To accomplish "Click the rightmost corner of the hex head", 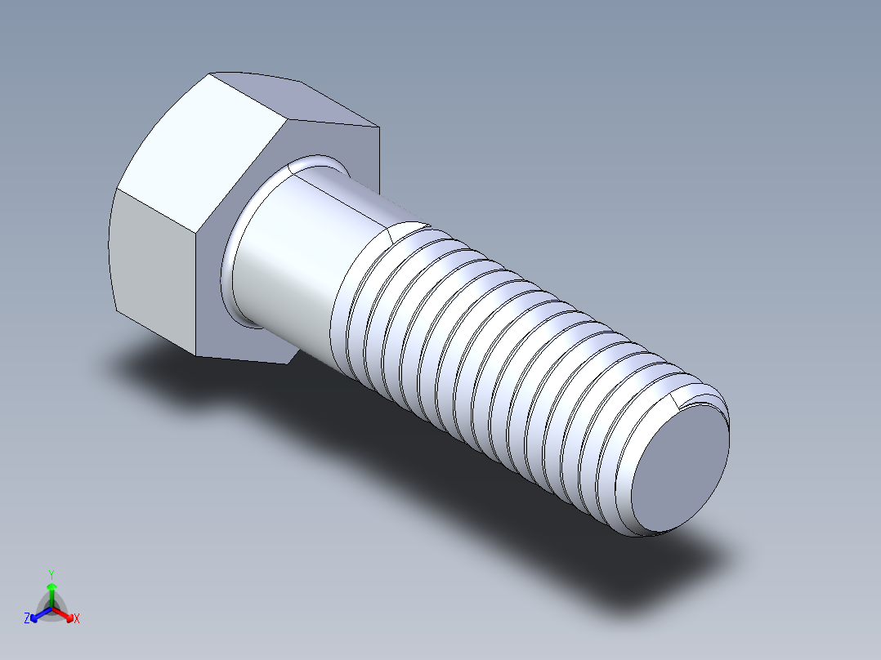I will pos(380,127).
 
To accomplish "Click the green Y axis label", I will pos(51,574).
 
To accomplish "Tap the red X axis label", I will pos(77,619).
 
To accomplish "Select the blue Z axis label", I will pos(27,619).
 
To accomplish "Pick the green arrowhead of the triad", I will pos(51,586).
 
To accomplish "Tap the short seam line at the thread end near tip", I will pos(675,399).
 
